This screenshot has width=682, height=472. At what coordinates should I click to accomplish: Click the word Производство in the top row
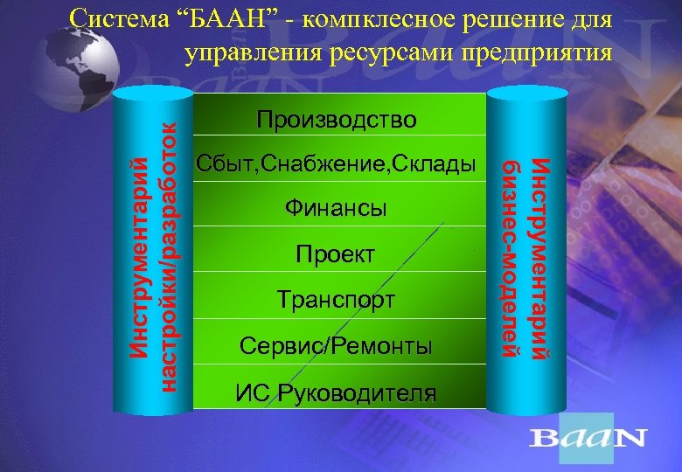click(337, 119)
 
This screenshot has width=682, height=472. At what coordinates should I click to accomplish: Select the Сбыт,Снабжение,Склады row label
click(337, 164)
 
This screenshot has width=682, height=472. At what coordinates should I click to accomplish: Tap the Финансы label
click(337, 210)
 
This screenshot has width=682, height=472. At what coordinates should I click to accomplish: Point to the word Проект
click(337, 255)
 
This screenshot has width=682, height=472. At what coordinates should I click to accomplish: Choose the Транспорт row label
click(337, 301)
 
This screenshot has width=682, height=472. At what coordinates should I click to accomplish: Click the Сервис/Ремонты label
click(337, 346)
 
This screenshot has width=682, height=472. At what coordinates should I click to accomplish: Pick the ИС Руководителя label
click(337, 392)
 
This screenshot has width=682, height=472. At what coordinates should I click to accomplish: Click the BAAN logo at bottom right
click(589, 436)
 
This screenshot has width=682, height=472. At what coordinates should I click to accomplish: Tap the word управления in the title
click(253, 54)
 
